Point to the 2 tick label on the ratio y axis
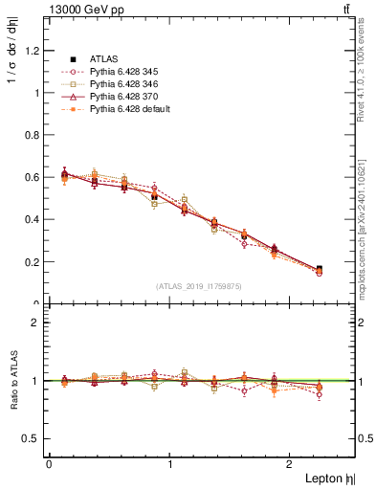click(37, 323)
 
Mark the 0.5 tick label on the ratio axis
click(33, 438)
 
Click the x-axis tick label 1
click(170, 463)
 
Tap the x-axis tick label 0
click(49, 463)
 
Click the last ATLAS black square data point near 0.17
click(319, 270)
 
